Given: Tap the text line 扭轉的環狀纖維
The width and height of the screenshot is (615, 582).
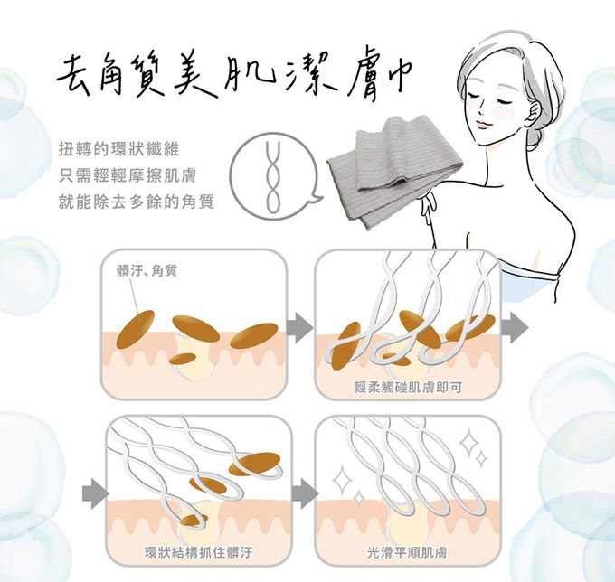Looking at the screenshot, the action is tap(119, 149).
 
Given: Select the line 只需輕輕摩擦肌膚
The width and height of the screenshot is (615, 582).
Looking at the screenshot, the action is tap(128, 176).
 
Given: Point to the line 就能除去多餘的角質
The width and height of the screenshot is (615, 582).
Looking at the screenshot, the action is tap(137, 202).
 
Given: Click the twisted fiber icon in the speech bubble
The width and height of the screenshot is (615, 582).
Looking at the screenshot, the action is tap(273, 177).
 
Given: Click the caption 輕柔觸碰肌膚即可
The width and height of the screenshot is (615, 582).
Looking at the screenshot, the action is tap(408, 387).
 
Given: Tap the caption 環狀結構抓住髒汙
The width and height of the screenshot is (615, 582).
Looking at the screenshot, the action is tap(198, 552).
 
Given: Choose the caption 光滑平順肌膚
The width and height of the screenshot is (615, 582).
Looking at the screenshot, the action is tap(408, 552).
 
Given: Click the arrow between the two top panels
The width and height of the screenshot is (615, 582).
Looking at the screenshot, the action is tap(300, 327).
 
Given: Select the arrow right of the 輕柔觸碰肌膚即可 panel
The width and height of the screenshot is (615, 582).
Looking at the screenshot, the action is tap(515, 327).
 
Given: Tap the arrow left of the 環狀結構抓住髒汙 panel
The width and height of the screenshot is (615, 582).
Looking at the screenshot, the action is tap(96, 493).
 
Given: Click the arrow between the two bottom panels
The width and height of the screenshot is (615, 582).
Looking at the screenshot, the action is tap(305, 493).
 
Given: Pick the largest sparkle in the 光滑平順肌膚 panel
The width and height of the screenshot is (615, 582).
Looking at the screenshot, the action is tap(470, 442).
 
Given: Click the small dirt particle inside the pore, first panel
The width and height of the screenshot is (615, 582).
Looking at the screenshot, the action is tap(184, 358).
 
